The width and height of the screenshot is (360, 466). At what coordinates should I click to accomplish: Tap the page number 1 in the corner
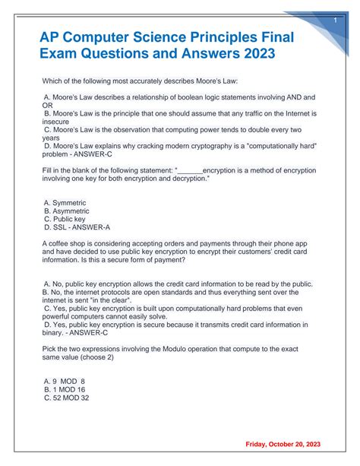(x=335, y=21)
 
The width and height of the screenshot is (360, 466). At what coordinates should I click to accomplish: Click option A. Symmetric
(x=65, y=202)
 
